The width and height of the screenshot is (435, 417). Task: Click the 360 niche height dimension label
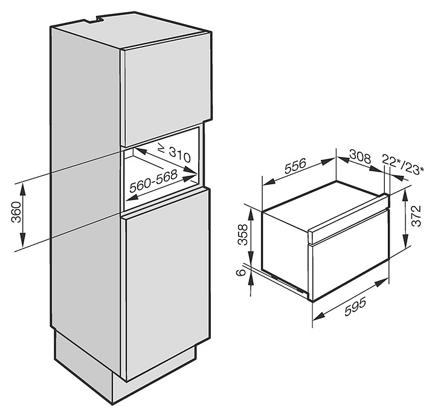tap(16, 213)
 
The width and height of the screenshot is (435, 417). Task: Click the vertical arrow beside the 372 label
tap(406, 222)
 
